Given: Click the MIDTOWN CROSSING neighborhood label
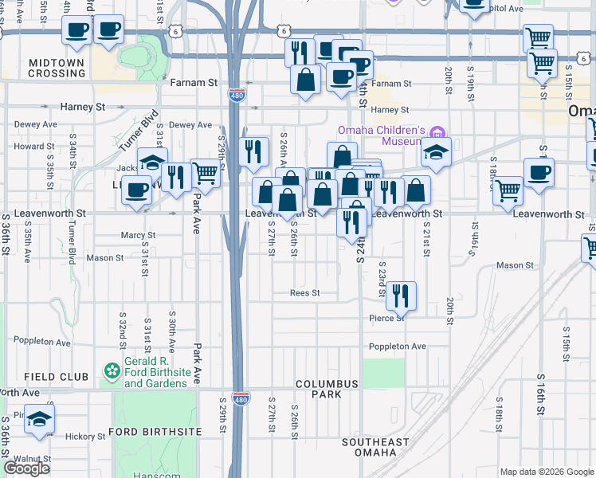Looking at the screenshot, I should (x=57, y=68).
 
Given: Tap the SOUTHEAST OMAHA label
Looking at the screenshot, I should (x=375, y=447).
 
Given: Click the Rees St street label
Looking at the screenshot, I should (x=304, y=293).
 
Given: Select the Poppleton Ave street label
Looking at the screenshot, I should (x=397, y=347).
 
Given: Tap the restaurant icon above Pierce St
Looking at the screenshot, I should (x=402, y=296).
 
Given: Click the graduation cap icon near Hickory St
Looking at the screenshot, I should (x=38, y=420).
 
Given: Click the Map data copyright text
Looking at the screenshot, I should (x=547, y=472).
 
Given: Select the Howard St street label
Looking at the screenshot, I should (x=33, y=147).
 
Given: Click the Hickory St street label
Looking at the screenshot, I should (x=80, y=436).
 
